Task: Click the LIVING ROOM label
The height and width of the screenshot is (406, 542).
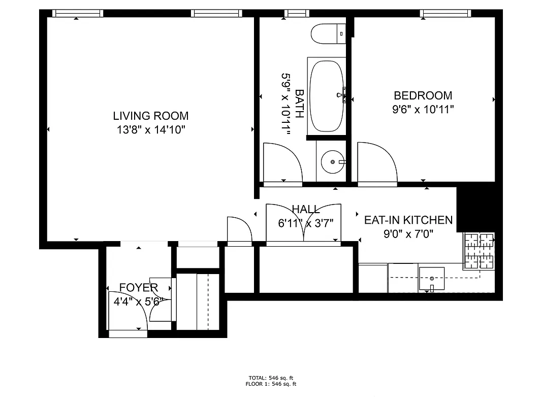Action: tap(150, 116)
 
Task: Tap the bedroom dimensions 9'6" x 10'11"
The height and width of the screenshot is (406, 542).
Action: tap(423, 109)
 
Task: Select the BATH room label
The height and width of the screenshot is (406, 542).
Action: tap(300, 104)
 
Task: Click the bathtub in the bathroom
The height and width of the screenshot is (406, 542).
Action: tap(326, 96)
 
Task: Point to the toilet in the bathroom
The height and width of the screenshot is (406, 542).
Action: tap(328, 34)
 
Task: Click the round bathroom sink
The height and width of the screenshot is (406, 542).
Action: tap(333, 162)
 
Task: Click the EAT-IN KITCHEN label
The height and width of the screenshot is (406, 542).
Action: tap(408, 220)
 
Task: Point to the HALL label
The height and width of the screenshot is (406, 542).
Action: tap(306, 209)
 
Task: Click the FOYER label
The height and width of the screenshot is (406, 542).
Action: tap(138, 288)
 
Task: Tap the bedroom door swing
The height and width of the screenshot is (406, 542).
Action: tap(377, 161)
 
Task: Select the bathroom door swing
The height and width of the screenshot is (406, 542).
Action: tap(282, 161)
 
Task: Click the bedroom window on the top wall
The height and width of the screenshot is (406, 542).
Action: tap(445, 13)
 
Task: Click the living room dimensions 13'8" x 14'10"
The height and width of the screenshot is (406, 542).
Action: tap(150, 130)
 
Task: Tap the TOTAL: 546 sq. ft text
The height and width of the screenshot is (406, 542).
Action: tap(271, 378)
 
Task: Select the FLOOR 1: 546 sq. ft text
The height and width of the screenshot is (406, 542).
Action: tap(271, 384)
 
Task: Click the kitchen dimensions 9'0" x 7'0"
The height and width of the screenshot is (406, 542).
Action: tap(408, 234)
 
